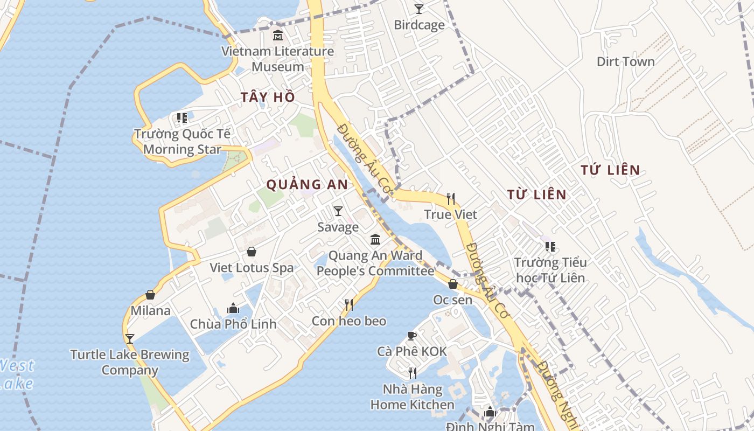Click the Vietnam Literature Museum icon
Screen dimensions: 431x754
pos(278,36)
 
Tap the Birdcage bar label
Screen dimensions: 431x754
pos(419,25)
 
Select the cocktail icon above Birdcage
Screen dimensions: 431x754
pos(419,9)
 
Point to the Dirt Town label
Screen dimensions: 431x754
pos(625,61)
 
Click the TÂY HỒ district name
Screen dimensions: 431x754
pos(268,97)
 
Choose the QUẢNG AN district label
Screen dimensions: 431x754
pos(307,184)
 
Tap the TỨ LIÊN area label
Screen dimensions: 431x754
pos(610,170)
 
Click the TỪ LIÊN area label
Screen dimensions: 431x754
pos(536,194)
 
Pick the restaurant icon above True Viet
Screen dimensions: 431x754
pos(451,199)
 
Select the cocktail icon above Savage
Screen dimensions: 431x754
pos(338,211)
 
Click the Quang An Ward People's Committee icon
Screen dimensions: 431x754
pos(375,240)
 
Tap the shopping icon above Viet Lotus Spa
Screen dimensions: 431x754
pos(252,252)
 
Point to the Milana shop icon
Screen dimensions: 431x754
pos(150,295)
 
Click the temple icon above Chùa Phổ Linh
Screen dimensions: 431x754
pos(233,308)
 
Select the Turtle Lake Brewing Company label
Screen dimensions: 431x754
pos(130,363)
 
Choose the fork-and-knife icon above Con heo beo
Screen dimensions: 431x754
pos(349,305)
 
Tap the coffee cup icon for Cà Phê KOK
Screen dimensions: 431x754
pos(412,336)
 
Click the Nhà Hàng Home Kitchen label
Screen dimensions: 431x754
pos(413,397)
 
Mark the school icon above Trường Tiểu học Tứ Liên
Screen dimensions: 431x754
pos(550,247)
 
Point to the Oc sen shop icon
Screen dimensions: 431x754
pos(453,284)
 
